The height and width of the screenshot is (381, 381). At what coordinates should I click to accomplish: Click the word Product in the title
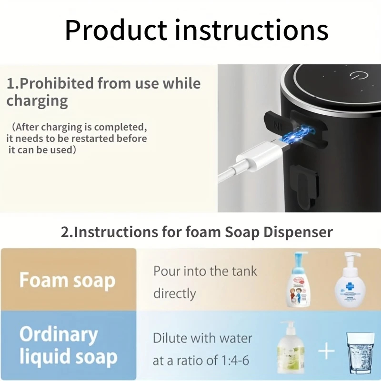(116, 30)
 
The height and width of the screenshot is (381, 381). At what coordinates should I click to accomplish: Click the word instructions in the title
(251, 30)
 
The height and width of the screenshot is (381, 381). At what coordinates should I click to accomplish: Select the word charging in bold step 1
(37, 101)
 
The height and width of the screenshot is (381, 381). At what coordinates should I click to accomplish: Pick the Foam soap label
(68, 280)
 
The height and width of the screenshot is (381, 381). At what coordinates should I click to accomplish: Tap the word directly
(174, 293)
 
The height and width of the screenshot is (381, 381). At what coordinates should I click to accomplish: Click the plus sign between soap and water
(326, 352)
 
